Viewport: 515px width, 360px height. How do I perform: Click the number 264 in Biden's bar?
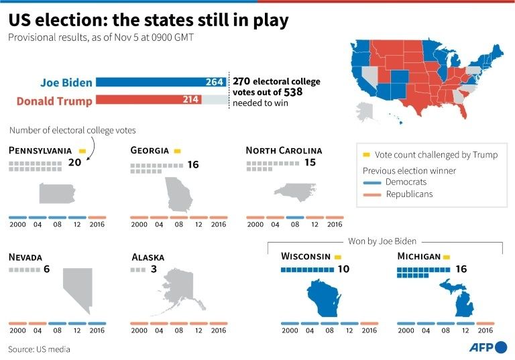(215, 82)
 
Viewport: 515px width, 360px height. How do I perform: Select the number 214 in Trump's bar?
(191, 100)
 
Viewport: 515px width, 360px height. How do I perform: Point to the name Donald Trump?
(54, 101)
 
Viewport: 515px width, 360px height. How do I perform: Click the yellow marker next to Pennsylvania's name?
(82, 151)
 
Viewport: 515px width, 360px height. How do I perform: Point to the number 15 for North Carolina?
(310, 163)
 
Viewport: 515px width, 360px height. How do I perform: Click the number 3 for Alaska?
(154, 269)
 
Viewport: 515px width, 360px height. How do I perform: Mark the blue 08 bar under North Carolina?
(295, 217)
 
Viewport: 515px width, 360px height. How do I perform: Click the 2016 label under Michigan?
(485, 331)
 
